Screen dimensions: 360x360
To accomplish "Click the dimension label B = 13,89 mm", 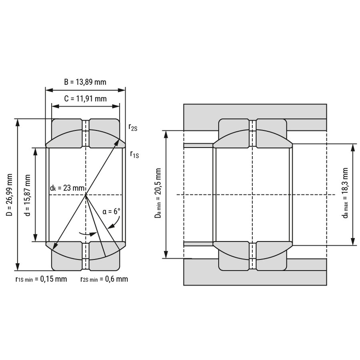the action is (x=85, y=82).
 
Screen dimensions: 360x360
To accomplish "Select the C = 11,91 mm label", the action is (x=86, y=99).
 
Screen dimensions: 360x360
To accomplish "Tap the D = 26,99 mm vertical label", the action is (x=10, y=195).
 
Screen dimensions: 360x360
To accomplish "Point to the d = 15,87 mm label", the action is (x=27, y=195).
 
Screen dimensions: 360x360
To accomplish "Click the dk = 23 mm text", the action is (x=67, y=188).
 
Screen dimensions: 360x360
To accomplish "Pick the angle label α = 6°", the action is (x=111, y=211).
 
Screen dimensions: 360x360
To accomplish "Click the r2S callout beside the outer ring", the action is (x=133, y=127).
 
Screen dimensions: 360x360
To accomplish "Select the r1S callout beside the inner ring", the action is (x=134, y=154).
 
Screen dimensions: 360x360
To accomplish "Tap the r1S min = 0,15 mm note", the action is (x=41, y=279).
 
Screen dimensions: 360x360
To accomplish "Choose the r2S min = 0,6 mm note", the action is (x=104, y=279).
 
